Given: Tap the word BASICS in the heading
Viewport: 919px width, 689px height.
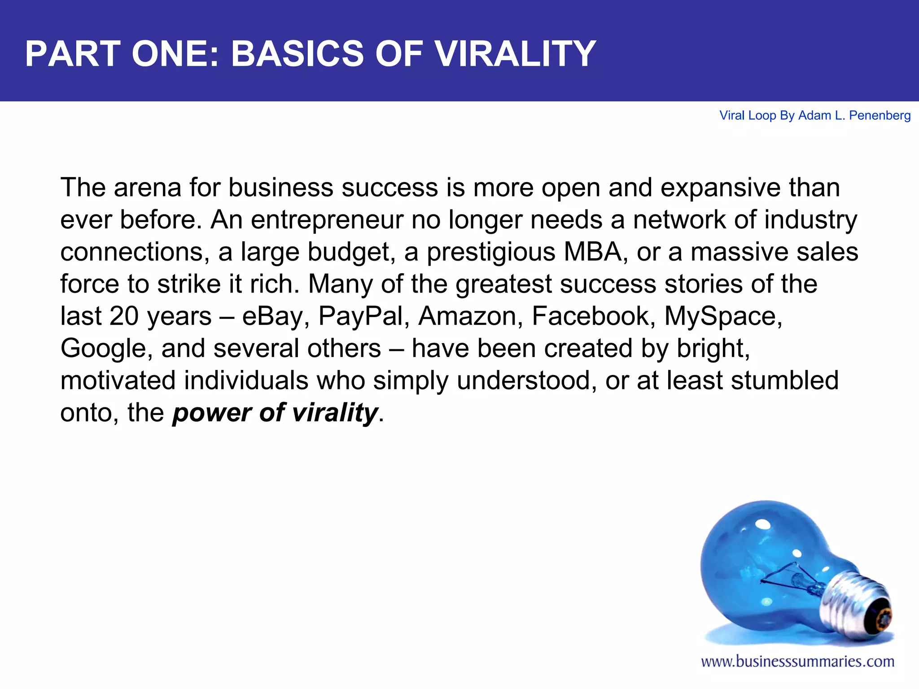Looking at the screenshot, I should tap(297, 54).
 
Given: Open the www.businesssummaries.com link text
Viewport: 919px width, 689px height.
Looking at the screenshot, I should tap(797, 662).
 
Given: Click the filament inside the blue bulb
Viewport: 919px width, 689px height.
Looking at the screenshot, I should tap(790, 579).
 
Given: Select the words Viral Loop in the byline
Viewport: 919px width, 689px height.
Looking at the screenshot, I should tap(748, 116).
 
